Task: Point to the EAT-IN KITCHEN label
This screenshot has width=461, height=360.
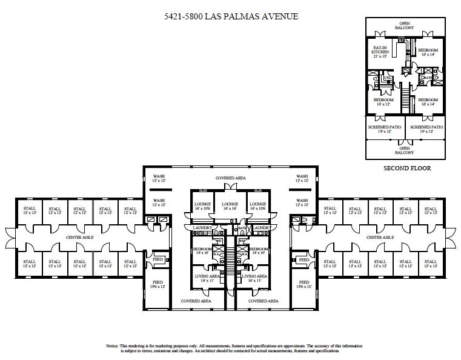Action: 380,50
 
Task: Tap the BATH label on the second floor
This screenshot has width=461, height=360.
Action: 428,78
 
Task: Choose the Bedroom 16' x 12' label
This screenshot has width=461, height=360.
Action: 383,102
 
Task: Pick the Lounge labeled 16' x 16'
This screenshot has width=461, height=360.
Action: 230,206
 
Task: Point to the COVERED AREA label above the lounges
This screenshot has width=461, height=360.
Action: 230,178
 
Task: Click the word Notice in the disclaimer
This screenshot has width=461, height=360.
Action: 113,345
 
